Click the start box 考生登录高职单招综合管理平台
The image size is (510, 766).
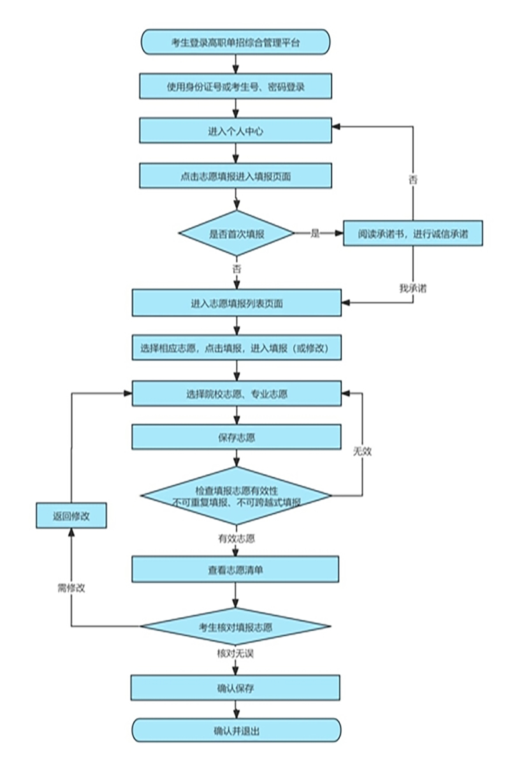tap(236, 43)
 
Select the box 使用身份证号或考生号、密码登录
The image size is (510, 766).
tap(236, 86)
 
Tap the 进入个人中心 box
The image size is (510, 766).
tap(236, 131)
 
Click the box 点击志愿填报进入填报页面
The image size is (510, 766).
tap(236, 176)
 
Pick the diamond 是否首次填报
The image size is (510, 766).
tap(237, 234)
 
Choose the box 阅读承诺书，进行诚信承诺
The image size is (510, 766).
tap(412, 234)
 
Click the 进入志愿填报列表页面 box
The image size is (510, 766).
tap(237, 303)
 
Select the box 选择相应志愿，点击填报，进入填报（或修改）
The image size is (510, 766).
tap(237, 349)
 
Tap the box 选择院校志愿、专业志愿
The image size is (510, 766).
tap(237, 394)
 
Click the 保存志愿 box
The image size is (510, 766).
tap(237, 438)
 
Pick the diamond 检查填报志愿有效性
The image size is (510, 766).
tap(236, 495)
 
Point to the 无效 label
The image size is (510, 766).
tap(363, 451)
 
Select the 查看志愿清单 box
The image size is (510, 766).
tap(236, 569)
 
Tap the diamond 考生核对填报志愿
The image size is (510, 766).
tap(236, 627)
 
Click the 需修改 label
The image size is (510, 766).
tap(71, 588)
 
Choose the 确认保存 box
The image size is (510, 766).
tap(236, 688)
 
